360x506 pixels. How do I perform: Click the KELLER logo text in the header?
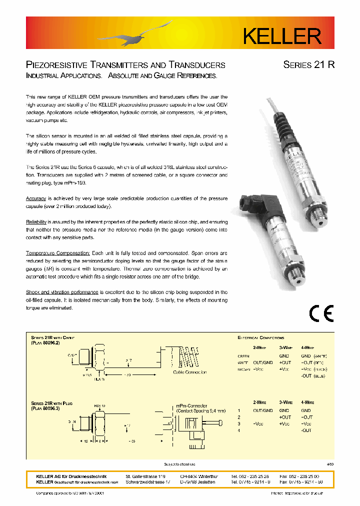pyautogui.click(x=281, y=35)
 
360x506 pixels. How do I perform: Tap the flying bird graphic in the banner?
pyautogui.click(x=135, y=34)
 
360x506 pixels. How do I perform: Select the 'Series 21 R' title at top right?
pyautogui.click(x=308, y=65)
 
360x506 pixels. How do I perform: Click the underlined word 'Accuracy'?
pyautogui.click(x=35, y=198)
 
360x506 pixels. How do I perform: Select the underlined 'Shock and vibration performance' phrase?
pyautogui.click(x=62, y=292)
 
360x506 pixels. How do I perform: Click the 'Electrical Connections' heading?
pyautogui.click(x=260, y=338)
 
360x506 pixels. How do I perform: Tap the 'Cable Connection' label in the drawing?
pyautogui.click(x=189, y=372)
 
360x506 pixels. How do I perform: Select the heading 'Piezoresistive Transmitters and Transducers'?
pyautogui.click(x=125, y=65)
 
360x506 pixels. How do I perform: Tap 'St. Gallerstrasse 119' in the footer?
pyautogui.click(x=145, y=476)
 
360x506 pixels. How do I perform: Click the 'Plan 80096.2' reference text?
pyautogui.click(x=45, y=343)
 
